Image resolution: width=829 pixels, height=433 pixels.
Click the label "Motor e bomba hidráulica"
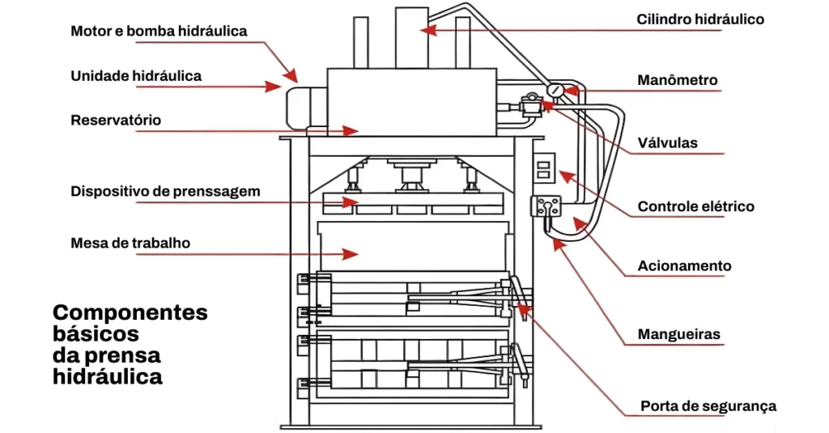[159, 32]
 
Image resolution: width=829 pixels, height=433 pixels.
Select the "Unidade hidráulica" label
[136, 76]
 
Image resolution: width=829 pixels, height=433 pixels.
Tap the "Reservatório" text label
[116, 120]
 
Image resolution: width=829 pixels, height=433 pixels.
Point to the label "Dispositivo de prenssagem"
[165, 191]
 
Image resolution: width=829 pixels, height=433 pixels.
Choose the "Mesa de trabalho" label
[130, 243]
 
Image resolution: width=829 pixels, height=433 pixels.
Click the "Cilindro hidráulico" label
[700, 19]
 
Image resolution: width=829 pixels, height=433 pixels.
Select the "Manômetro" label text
[678, 80]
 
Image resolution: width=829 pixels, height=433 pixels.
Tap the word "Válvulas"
[667, 142]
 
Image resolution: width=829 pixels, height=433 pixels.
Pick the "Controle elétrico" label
[695, 206]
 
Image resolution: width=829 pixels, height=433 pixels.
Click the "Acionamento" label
[684, 265]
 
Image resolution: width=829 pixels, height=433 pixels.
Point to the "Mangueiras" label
[679, 334]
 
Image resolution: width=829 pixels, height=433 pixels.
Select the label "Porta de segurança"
[708, 406]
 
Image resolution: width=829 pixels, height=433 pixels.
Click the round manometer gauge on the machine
[555, 90]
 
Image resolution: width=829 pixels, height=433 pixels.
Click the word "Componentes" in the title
[130, 313]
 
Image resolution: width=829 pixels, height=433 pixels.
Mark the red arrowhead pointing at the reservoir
[351, 130]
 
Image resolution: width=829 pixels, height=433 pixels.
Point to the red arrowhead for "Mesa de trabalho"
[351, 254]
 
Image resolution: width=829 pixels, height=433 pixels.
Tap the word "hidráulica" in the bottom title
[108, 377]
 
